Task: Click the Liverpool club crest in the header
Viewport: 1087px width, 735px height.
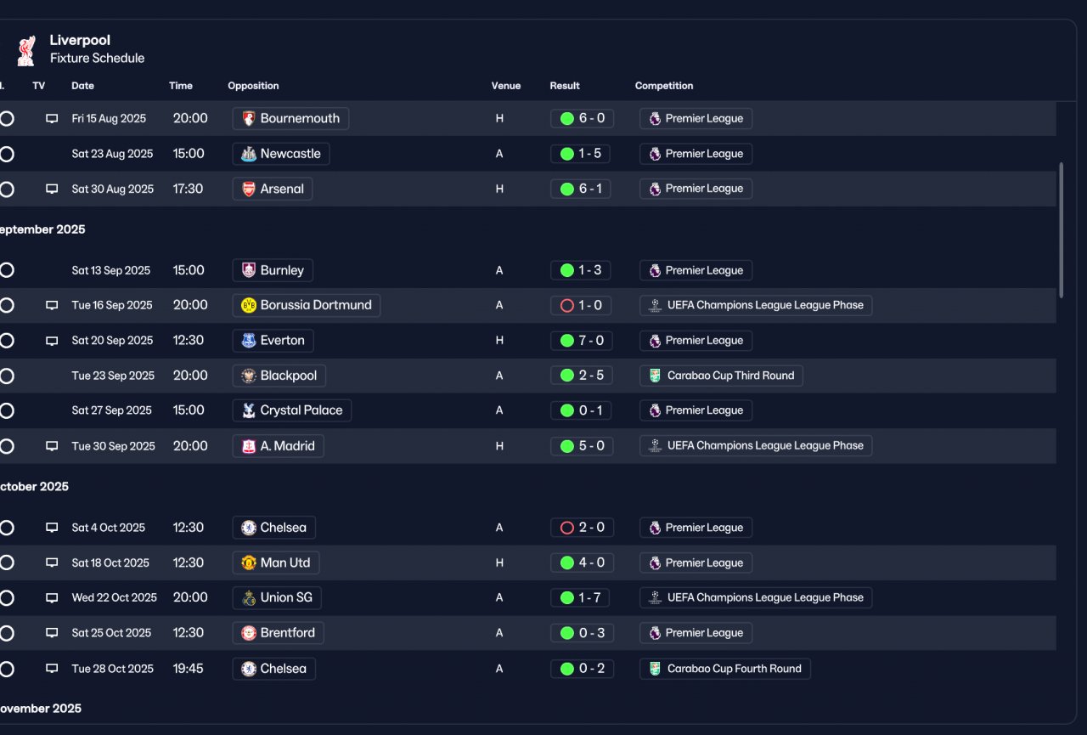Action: pyautogui.click(x=26, y=50)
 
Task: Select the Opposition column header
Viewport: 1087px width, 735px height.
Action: pyautogui.click(x=253, y=86)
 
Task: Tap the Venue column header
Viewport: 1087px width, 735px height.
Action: pyautogui.click(x=505, y=86)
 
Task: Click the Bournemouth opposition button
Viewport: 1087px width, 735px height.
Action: pyautogui.click(x=290, y=118)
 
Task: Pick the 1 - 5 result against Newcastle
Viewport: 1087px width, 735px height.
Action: pyautogui.click(x=580, y=154)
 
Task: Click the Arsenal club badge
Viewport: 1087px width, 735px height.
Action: pyautogui.click(x=249, y=189)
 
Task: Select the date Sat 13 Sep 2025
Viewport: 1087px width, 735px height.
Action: pyautogui.click(x=111, y=270)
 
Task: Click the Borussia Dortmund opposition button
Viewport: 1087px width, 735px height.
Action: pyautogui.click(x=307, y=305)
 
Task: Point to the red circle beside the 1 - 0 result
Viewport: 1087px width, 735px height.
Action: pyautogui.click(x=566, y=305)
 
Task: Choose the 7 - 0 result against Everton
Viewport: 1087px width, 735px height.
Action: pyautogui.click(x=582, y=341)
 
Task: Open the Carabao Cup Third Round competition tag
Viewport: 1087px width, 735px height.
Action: pyautogui.click(x=721, y=376)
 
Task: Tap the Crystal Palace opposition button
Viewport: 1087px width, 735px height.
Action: pyautogui.click(x=291, y=410)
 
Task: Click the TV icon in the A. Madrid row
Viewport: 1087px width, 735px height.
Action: pyautogui.click(x=52, y=445)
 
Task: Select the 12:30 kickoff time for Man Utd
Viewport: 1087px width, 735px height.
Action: pyautogui.click(x=189, y=563)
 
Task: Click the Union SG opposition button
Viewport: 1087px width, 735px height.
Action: pyautogui.click(x=277, y=597)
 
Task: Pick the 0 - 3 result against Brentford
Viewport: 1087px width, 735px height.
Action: pyautogui.click(x=583, y=633)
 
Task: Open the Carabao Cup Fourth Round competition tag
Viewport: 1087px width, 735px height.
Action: pyautogui.click(x=725, y=669)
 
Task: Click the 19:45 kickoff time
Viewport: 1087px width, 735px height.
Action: pyautogui.click(x=189, y=669)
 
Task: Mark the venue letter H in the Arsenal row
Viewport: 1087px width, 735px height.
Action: pyautogui.click(x=499, y=189)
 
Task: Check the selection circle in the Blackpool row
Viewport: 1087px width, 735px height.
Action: pyautogui.click(x=7, y=376)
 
